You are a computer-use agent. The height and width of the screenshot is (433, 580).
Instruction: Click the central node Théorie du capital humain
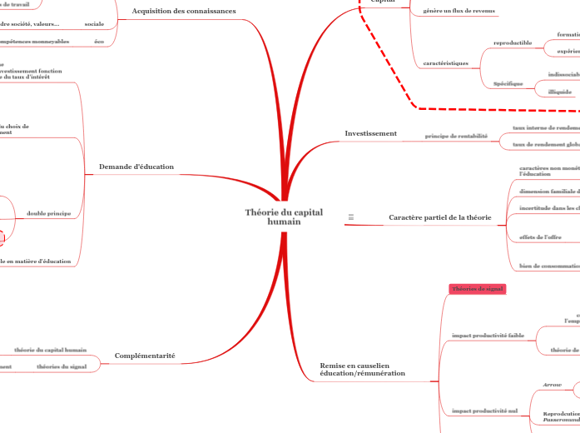[284, 216]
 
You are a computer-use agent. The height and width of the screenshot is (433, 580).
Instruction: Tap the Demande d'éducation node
[136, 167]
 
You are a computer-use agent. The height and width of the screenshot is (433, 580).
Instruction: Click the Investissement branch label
[370, 132]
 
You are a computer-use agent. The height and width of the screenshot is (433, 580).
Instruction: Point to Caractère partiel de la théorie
[439, 217]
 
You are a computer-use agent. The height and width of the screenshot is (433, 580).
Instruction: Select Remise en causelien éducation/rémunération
[362, 369]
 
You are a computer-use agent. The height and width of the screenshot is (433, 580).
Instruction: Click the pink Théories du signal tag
[478, 289]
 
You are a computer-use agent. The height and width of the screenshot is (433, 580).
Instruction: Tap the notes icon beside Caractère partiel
[351, 217]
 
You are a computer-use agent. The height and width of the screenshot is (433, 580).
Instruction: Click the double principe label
[48, 214]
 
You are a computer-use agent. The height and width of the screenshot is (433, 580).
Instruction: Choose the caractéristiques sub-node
[446, 62]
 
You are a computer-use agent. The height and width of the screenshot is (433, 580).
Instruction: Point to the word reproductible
[513, 42]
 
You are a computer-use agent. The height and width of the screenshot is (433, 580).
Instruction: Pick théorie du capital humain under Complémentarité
[51, 350]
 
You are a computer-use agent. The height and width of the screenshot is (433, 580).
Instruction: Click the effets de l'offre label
[540, 237]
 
